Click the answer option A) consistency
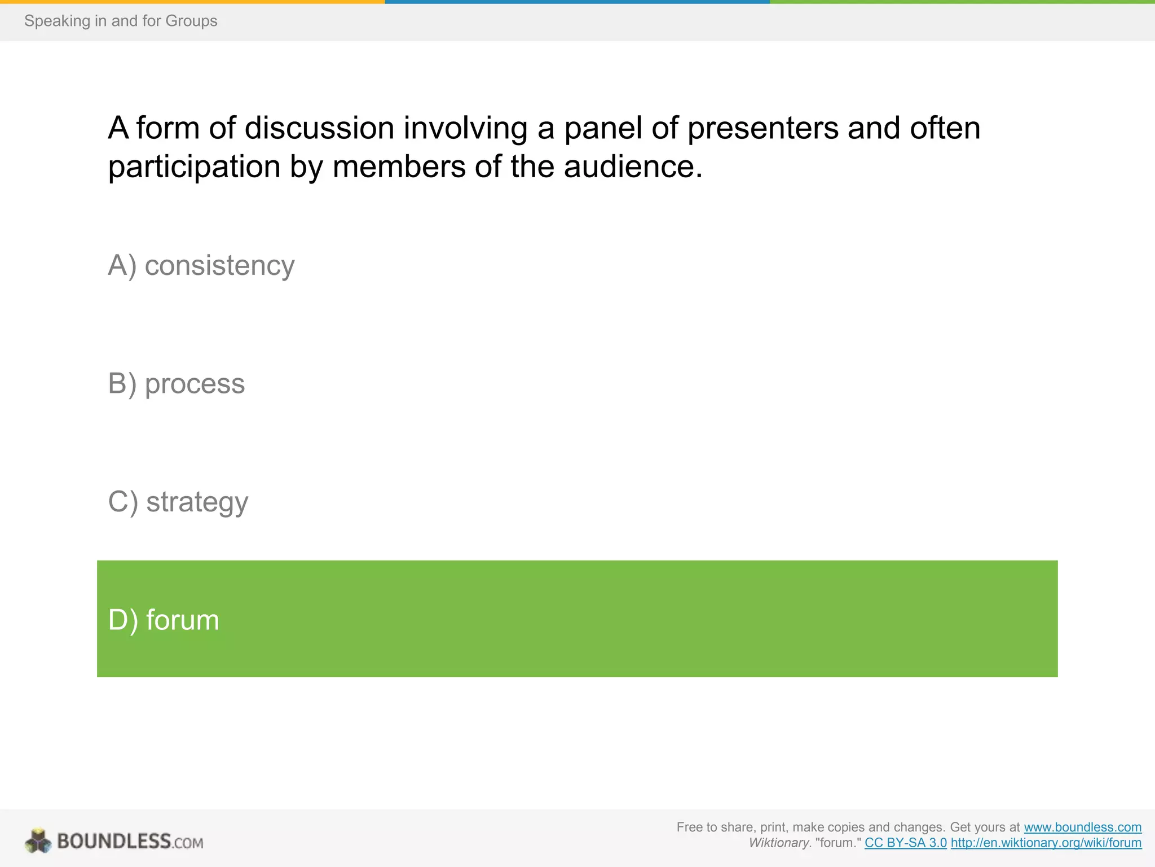coord(201,266)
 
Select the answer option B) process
coord(177,384)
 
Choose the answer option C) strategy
coord(178,502)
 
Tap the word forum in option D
coord(183,620)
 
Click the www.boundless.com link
coord(1082,827)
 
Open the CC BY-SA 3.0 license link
coord(905,843)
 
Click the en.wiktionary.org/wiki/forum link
coord(1046,843)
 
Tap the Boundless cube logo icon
coord(38,841)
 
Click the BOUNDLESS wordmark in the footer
coord(114,842)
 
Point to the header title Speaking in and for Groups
coord(121,21)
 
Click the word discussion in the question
coord(319,128)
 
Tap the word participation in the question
coord(194,167)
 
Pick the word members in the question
coord(399,167)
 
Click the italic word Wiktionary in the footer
coord(779,843)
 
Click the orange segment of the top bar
coord(192,2)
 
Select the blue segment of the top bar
coord(577,2)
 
